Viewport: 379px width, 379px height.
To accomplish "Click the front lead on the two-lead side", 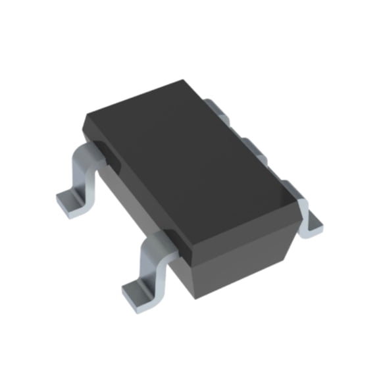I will (x=155, y=263).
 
